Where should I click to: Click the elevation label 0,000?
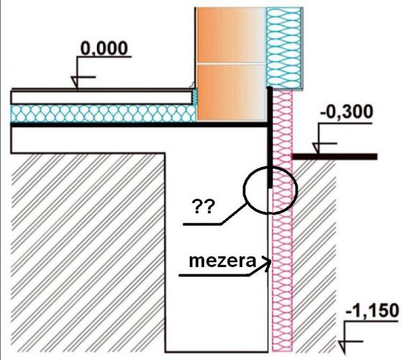(x=104, y=48)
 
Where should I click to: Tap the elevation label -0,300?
(x=347, y=112)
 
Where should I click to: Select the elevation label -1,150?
(x=373, y=310)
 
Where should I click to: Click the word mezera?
(x=222, y=261)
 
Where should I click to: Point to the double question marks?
(x=202, y=207)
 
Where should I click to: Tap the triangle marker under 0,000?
(x=75, y=82)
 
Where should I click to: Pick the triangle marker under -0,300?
(x=316, y=148)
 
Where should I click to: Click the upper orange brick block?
(x=231, y=35)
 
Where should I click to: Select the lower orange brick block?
(x=231, y=92)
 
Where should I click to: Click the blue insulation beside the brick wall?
(x=284, y=48)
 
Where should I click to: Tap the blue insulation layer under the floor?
(x=104, y=114)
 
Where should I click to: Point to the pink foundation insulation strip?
(x=283, y=220)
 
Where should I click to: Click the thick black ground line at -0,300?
(x=335, y=156)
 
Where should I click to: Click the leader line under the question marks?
(x=215, y=215)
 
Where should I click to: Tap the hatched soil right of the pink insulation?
(x=314, y=254)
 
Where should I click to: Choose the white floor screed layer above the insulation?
(x=101, y=97)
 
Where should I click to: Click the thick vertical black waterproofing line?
(x=270, y=138)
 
